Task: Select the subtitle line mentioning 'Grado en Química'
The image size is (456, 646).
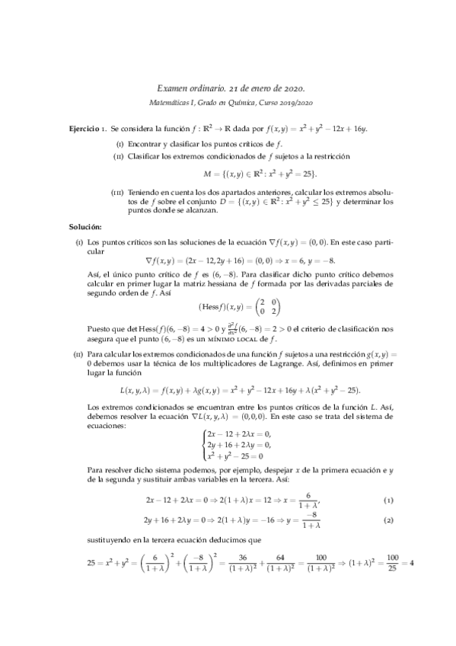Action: coord(228,103)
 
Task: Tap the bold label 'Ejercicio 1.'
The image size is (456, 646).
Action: coord(88,130)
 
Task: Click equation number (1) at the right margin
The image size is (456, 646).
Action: coord(388,499)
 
